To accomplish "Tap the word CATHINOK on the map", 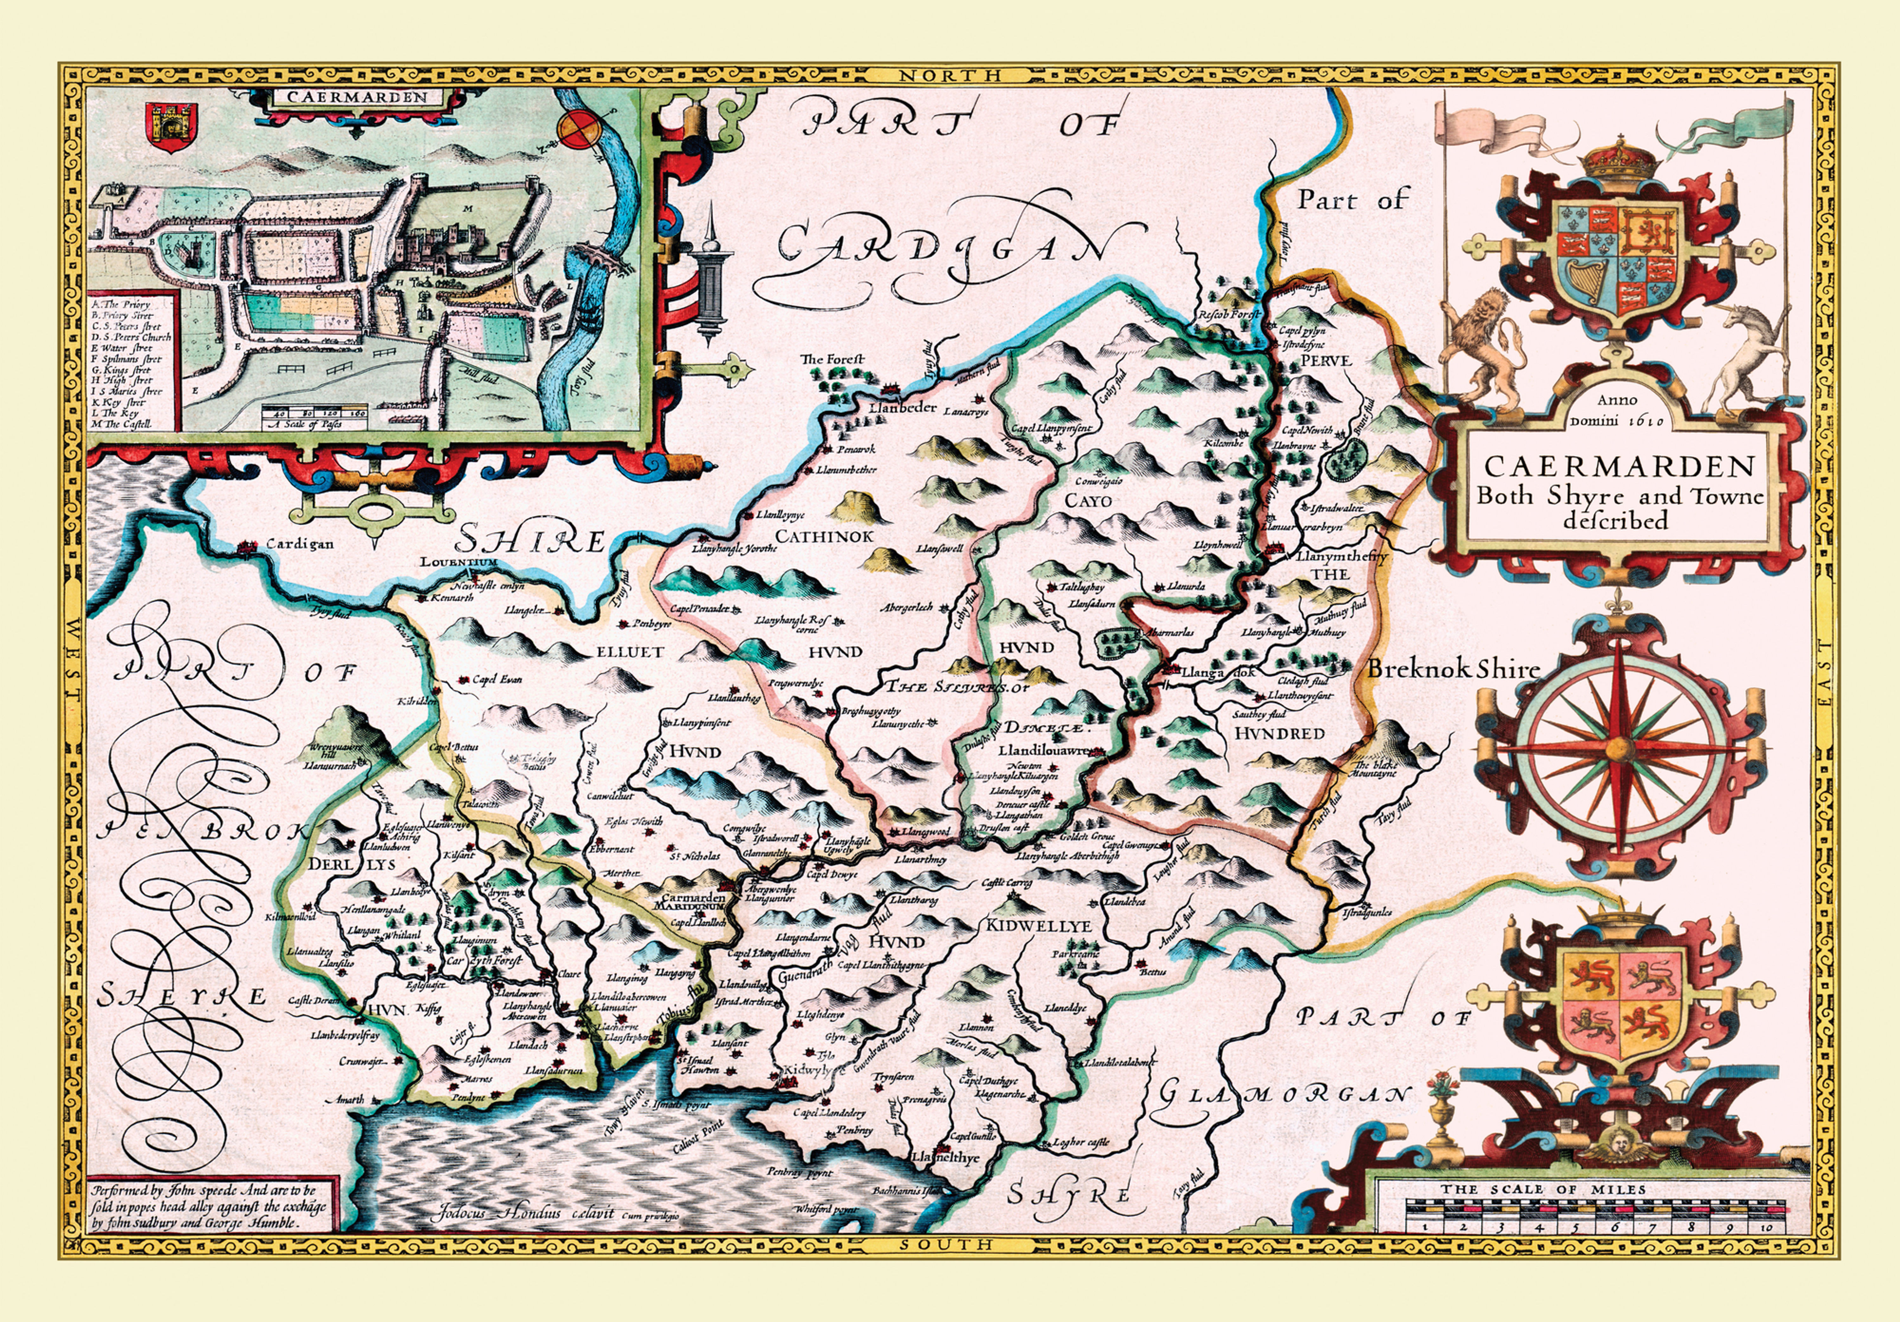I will (823, 536).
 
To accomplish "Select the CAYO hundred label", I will (1088, 501).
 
